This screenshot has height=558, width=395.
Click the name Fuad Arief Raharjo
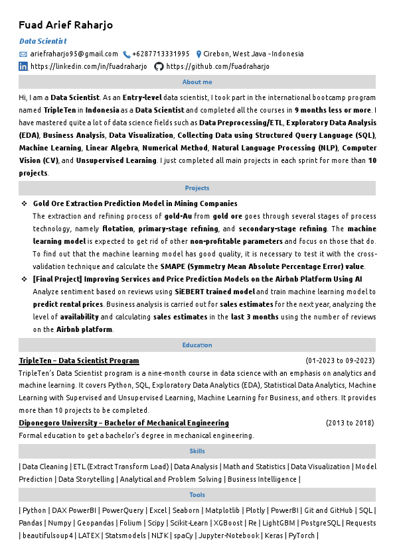(66, 25)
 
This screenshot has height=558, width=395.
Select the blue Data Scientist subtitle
(42, 41)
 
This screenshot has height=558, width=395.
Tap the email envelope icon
(23, 54)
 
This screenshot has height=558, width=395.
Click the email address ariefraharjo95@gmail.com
(74, 54)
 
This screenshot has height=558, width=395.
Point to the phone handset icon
(126, 54)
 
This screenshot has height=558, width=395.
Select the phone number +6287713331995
(161, 54)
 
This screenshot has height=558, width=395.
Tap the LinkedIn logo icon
(23, 66)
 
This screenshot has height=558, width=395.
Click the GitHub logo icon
(159, 66)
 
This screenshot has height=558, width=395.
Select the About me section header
(197, 82)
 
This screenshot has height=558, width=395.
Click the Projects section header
(197, 188)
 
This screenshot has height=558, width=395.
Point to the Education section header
(197, 345)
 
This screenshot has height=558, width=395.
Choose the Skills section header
(197, 451)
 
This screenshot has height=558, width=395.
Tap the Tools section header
(197, 495)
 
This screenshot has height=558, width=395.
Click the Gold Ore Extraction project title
(135, 203)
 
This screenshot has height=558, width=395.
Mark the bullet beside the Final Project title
(24, 280)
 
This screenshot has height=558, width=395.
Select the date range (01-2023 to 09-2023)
(340, 361)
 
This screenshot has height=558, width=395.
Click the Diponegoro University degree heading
(123, 423)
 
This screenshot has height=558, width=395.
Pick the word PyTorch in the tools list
(302, 535)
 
